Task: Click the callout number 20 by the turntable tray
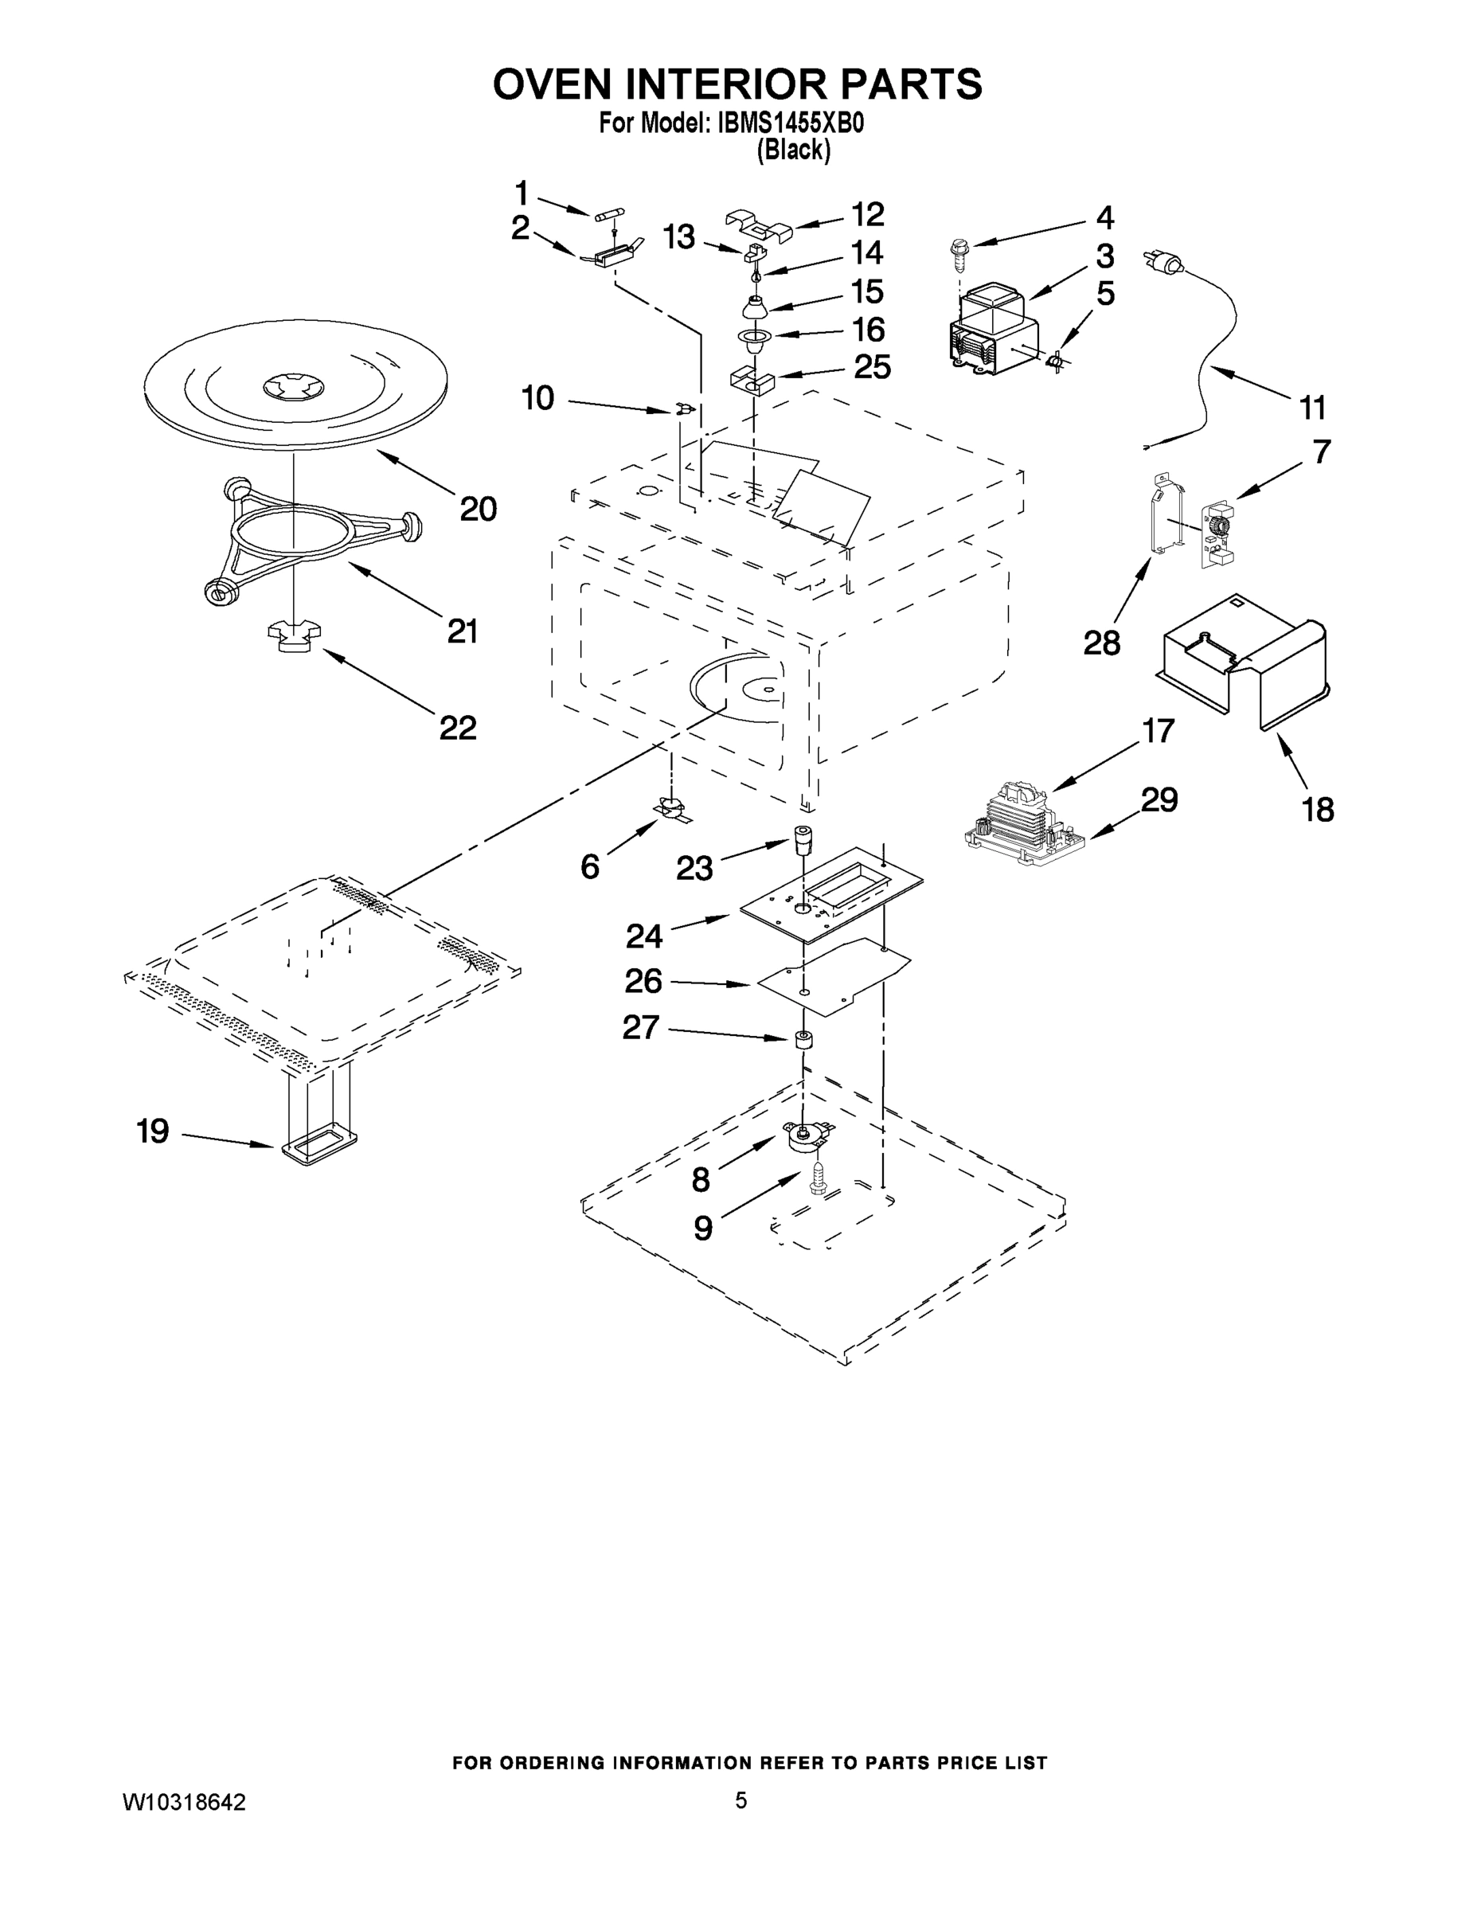pyautogui.click(x=479, y=510)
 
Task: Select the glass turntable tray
pyautogui.click(x=295, y=385)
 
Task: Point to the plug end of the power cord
pyautogui.click(x=1160, y=260)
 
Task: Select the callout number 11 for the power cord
pyautogui.click(x=1312, y=408)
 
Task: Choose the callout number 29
pyautogui.click(x=1159, y=799)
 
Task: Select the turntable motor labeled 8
pyautogui.click(x=805, y=1138)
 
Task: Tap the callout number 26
pyautogui.click(x=643, y=982)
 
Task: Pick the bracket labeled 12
pyautogui.click(x=759, y=224)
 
